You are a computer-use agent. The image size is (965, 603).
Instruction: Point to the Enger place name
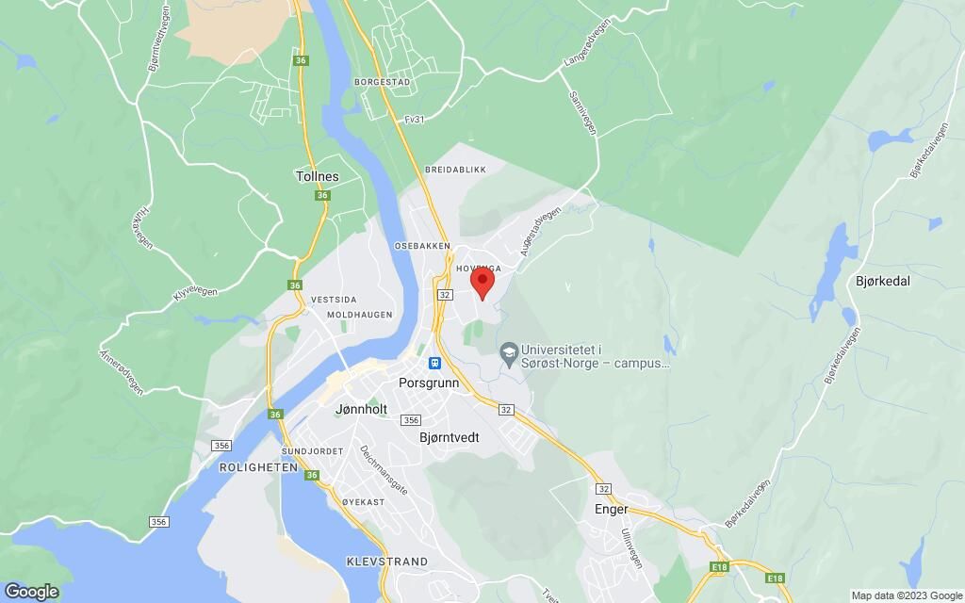(x=612, y=509)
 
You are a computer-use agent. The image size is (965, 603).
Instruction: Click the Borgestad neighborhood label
(x=382, y=82)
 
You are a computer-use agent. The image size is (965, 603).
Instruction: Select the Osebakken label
(x=417, y=245)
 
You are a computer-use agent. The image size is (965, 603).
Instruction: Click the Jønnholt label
(x=362, y=410)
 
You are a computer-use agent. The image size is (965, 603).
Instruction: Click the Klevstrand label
(x=386, y=562)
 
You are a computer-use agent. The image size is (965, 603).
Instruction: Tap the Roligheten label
(x=251, y=467)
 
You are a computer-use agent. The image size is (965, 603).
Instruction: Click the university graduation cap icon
(x=509, y=352)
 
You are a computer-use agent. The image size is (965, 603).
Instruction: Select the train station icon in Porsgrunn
(x=434, y=363)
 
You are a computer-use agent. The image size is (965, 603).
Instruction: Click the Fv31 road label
(x=413, y=120)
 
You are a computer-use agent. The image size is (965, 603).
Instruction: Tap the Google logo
(x=30, y=591)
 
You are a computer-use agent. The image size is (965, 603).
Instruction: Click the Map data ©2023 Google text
(x=904, y=595)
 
